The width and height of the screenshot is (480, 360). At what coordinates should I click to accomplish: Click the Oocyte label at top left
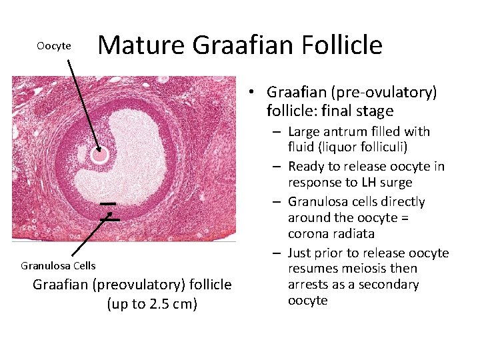pos(54,46)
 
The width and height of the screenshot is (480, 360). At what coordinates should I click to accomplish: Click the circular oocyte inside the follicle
pos(99,155)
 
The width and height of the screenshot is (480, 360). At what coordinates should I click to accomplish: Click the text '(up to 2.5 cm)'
pos(152,305)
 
